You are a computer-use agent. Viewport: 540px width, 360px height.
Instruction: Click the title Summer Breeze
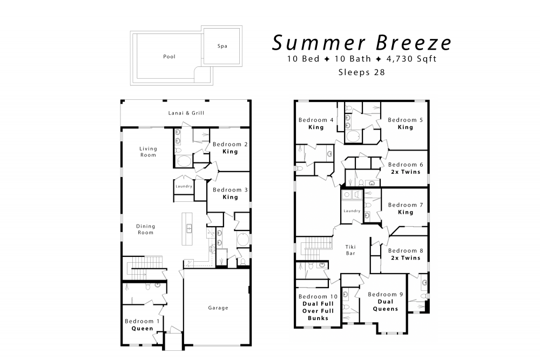362,42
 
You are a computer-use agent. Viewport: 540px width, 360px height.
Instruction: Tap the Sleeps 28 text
362,72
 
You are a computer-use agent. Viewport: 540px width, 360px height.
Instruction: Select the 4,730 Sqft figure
411,59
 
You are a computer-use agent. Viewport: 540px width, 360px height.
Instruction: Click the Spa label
222,46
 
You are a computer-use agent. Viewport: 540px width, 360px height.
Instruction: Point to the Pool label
169,57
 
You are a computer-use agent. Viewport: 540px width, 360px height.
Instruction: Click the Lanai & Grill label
186,113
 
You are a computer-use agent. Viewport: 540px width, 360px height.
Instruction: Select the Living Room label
148,152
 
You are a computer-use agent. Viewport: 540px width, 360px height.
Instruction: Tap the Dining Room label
145,229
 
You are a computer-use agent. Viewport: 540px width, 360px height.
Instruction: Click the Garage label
218,308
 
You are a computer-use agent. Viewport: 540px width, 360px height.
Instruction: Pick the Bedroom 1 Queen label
142,324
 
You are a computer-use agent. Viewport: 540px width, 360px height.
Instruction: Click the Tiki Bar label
350,250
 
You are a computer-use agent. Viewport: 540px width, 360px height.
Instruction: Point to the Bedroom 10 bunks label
318,307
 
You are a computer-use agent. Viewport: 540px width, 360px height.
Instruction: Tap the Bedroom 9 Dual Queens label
386,302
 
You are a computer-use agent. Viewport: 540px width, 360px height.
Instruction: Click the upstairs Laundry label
352,210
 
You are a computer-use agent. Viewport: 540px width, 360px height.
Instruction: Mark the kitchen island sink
189,228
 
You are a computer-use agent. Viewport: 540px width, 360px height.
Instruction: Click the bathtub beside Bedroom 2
184,161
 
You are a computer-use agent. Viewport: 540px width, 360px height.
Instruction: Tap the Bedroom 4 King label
316,124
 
